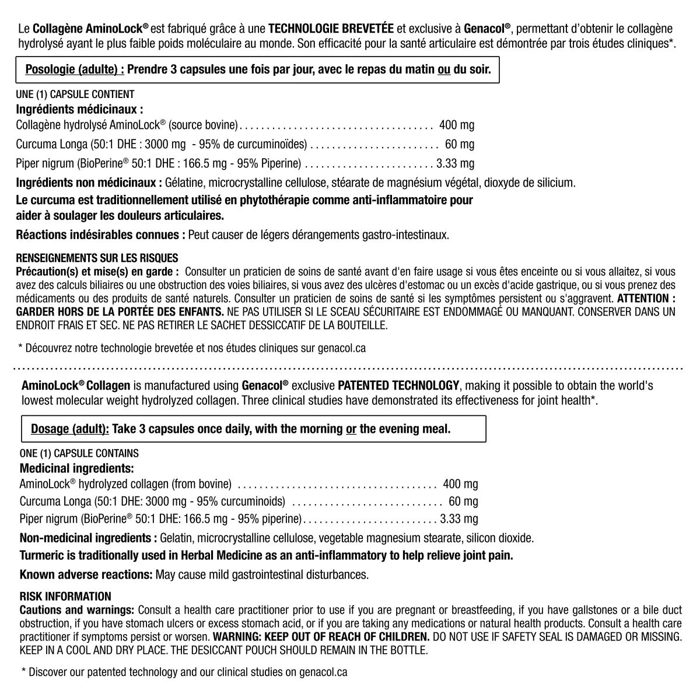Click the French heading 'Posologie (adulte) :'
coord(75,70)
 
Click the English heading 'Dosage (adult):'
coord(69,429)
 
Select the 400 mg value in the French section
coord(457,125)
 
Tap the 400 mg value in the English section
coord(460,484)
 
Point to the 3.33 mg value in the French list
coord(455,163)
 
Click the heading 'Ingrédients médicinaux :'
coord(79,109)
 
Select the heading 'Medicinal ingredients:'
coord(77,468)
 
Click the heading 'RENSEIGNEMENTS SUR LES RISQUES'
coord(97,258)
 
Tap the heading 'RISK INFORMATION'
coord(65,596)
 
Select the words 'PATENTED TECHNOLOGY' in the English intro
coord(398,386)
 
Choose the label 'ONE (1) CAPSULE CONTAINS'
coord(79,453)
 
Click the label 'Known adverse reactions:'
coord(86,575)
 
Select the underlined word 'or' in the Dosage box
coord(351,429)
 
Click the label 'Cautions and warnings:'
coord(77,610)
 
